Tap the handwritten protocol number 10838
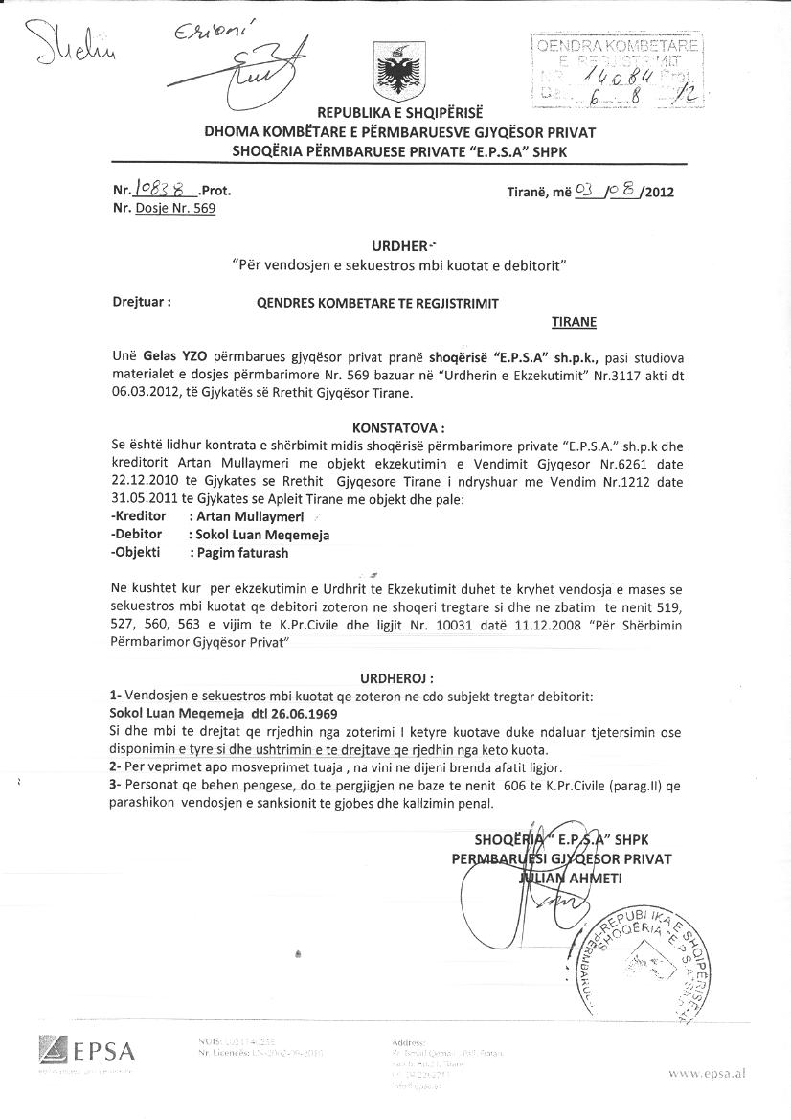[157, 190]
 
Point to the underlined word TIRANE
[573, 322]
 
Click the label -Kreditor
[139, 515]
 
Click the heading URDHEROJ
[395, 677]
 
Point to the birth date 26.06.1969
[288, 713]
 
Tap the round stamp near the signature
[652, 958]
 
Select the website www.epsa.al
[707, 1074]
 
